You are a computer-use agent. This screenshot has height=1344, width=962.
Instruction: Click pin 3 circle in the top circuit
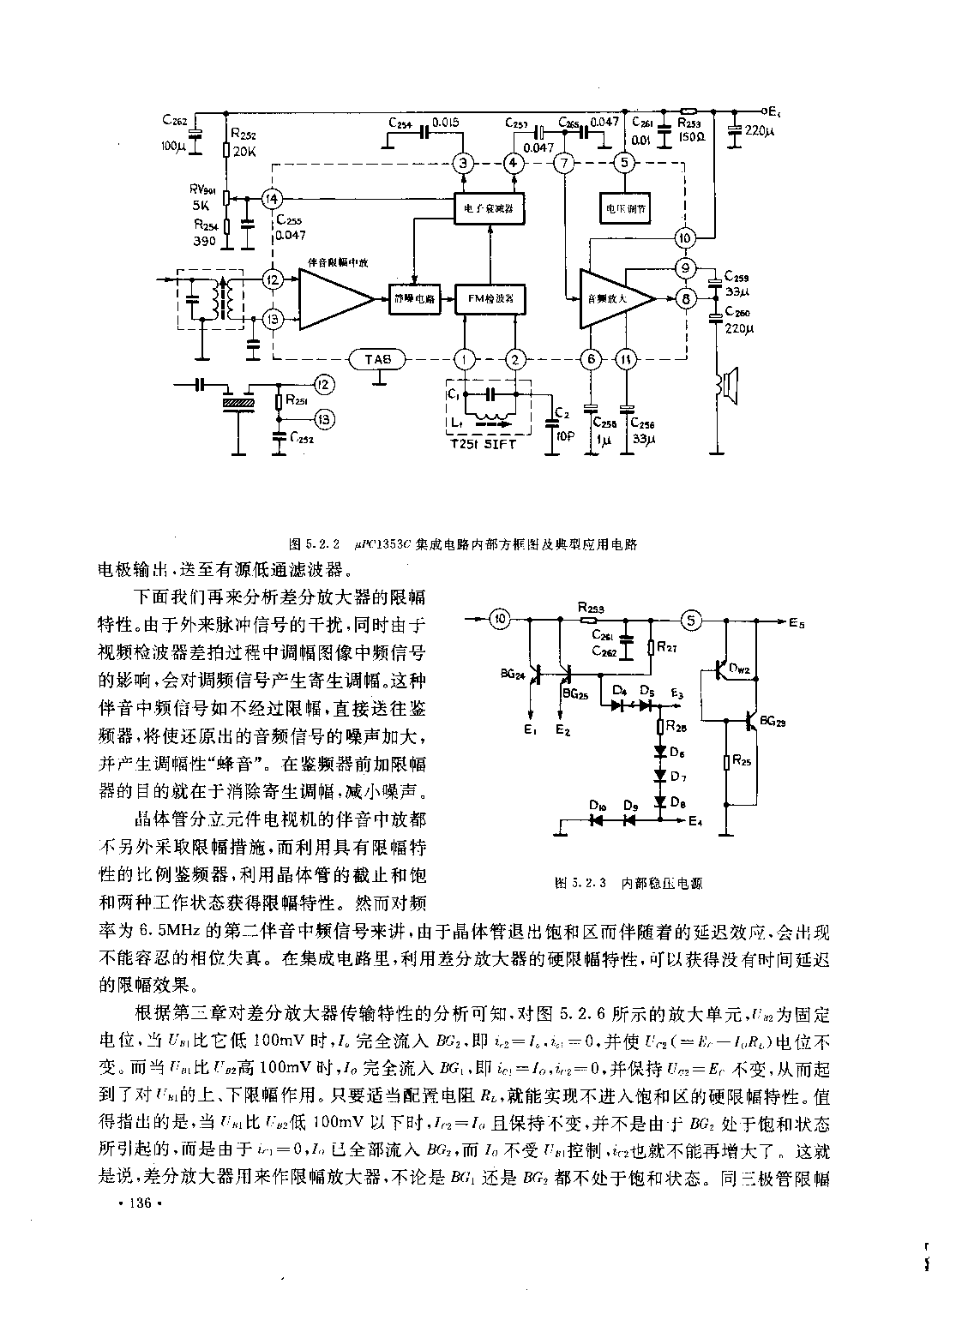tap(463, 164)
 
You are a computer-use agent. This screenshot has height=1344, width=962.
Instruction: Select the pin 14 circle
tap(271, 198)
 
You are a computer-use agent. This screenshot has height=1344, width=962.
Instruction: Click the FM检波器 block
tap(489, 298)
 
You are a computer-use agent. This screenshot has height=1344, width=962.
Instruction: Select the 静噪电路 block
tap(413, 298)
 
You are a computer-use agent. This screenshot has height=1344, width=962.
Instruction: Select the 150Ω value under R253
tap(690, 137)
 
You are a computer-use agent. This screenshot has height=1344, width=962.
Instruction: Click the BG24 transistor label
tap(513, 675)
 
